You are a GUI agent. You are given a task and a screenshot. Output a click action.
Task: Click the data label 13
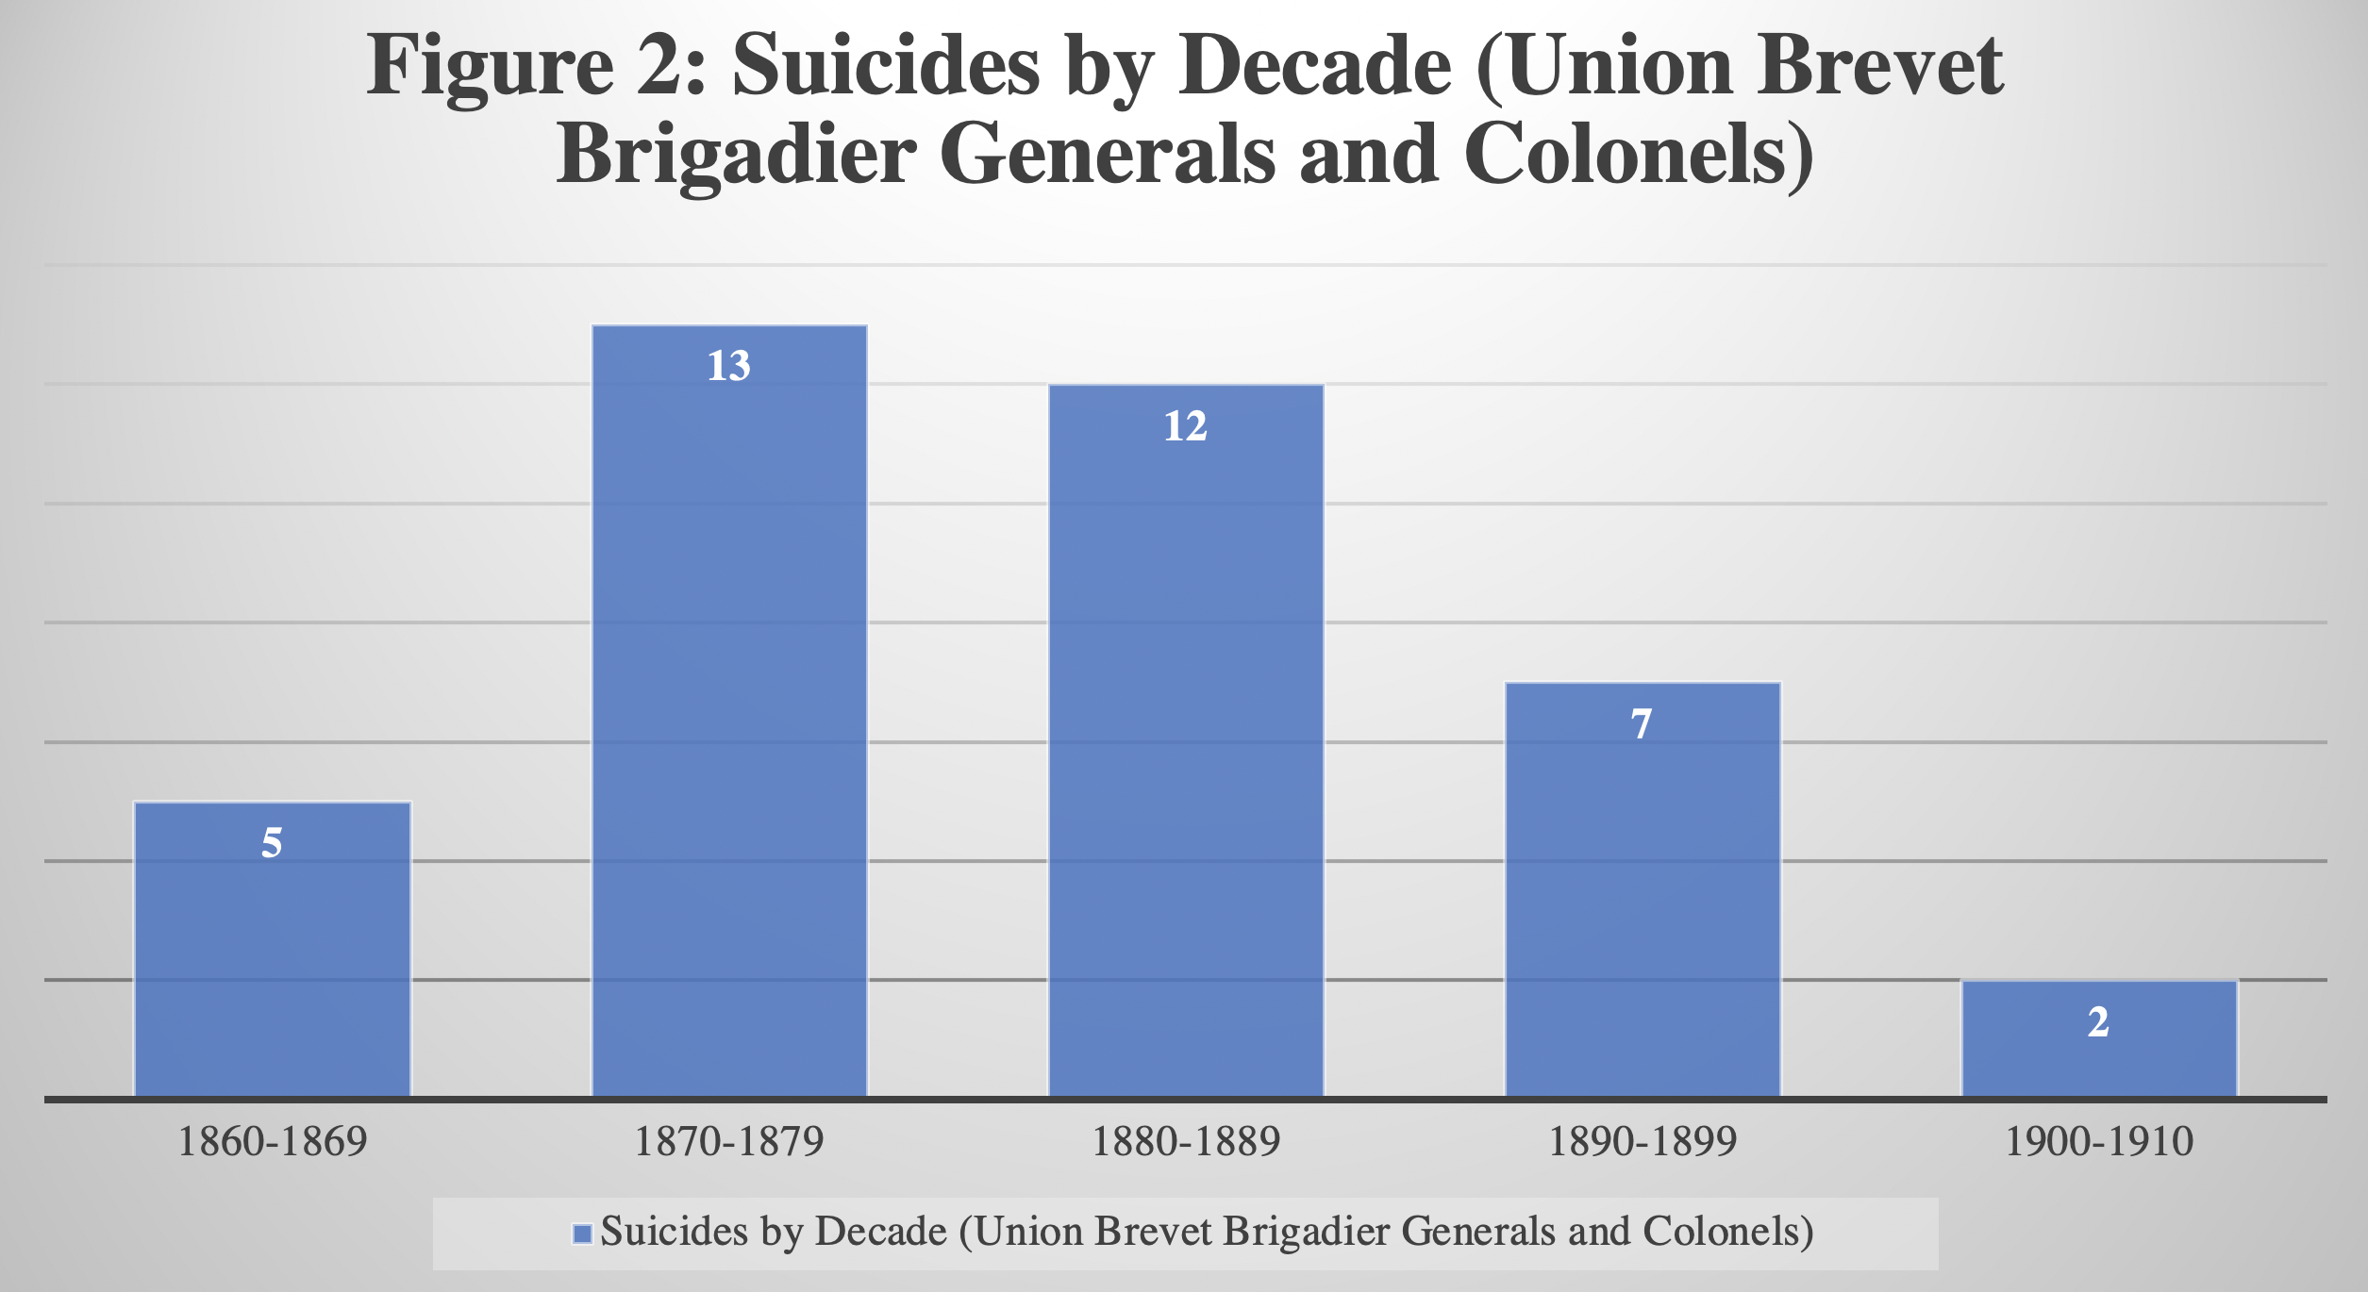pyautogui.click(x=729, y=366)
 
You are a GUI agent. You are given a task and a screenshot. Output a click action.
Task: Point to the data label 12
pyautogui.click(x=1186, y=426)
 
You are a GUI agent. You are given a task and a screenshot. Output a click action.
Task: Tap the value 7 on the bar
pyautogui.click(x=1642, y=724)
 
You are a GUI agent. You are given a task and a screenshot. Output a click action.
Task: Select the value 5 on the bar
pyautogui.click(x=272, y=842)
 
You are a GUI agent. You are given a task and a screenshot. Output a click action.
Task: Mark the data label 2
pyautogui.click(x=2098, y=1022)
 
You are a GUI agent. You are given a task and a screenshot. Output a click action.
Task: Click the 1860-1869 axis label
pyautogui.click(x=273, y=1142)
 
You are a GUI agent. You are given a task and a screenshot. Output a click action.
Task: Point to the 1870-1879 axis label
pyautogui.click(x=729, y=1142)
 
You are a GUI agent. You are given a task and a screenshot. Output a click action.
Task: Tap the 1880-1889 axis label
pyautogui.click(x=1186, y=1142)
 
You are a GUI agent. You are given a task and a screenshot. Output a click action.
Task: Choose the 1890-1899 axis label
pyautogui.click(x=1643, y=1142)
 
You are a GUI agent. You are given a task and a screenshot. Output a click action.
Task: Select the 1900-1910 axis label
pyautogui.click(x=2099, y=1142)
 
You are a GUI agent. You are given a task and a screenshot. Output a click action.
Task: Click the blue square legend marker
pyautogui.click(x=582, y=1234)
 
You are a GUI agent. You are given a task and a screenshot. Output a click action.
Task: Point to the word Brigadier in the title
pyautogui.click(x=736, y=156)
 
